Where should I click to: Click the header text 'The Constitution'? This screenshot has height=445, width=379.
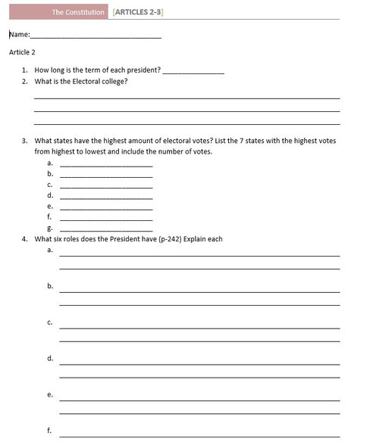tap(78, 13)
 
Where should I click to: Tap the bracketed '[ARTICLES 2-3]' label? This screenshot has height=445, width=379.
tap(138, 13)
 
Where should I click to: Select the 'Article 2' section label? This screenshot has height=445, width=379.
tap(22, 52)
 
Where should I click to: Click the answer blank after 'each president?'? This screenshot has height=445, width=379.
tap(193, 72)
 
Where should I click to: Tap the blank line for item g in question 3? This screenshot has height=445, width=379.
tap(106, 229)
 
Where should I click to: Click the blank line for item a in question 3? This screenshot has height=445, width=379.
tap(106, 166)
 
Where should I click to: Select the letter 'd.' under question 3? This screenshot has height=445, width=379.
tap(50, 195)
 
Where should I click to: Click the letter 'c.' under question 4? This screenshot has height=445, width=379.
tap(50, 322)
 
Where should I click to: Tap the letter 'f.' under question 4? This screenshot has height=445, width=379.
tap(50, 431)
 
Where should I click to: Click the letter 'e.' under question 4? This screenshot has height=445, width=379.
tap(50, 394)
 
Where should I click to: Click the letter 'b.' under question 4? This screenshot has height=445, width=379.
tap(50, 286)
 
